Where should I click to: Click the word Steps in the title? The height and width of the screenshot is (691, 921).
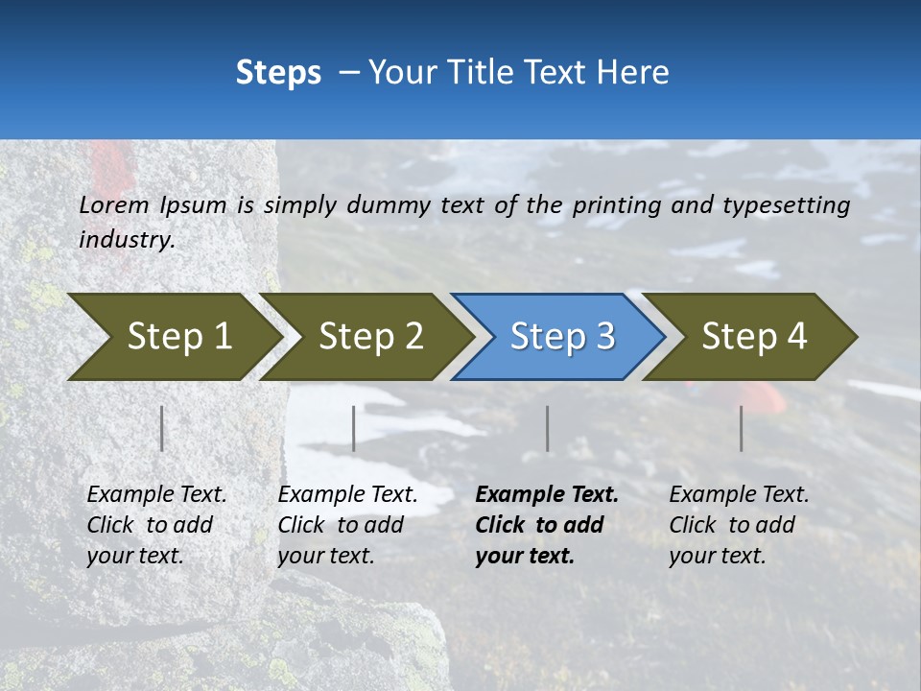pyautogui.click(x=278, y=72)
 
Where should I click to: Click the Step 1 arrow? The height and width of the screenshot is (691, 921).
pyautogui.click(x=173, y=337)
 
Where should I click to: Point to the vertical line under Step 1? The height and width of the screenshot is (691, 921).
pyautogui.click(x=162, y=428)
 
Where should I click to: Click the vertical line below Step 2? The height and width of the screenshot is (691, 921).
pyautogui.click(x=354, y=428)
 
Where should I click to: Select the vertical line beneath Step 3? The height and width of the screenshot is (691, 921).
pyautogui.click(x=547, y=428)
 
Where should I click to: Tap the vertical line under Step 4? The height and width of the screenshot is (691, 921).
pyautogui.click(x=741, y=428)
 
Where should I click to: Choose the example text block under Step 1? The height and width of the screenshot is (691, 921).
pyautogui.click(x=156, y=524)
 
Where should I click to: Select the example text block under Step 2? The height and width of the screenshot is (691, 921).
pyautogui.click(x=347, y=524)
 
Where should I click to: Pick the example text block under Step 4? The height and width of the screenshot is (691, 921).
pyautogui.click(x=739, y=524)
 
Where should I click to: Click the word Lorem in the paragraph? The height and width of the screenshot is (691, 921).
pyautogui.click(x=114, y=204)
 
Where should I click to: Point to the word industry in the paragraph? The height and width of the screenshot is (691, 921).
pyautogui.click(x=126, y=240)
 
